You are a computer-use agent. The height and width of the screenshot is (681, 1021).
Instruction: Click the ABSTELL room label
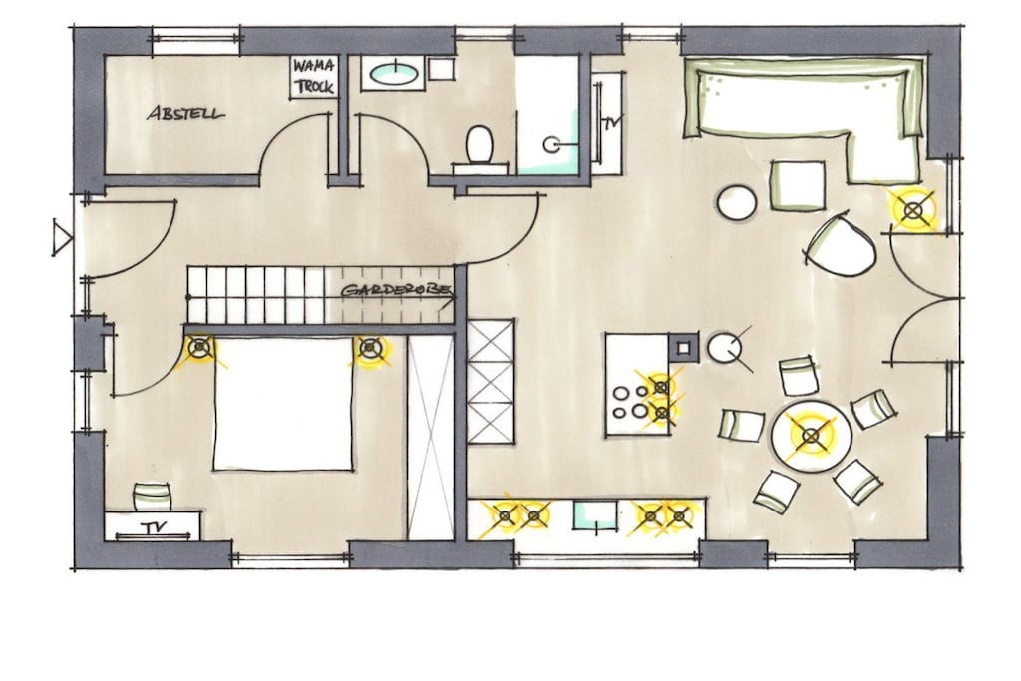pyautogui.click(x=185, y=113)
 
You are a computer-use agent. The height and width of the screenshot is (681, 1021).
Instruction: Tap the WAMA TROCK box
pyautogui.click(x=314, y=77)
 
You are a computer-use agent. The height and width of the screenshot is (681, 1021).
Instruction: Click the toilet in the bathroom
pyautogui.click(x=480, y=145)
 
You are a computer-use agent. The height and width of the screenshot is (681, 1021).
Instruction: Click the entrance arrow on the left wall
pyautogui.click(x=63, y=237)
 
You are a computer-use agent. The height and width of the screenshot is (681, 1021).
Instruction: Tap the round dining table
pyautogui.click(x=811, y=436)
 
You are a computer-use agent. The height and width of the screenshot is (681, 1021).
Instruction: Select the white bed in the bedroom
pyautogui.click(x=283, y=403)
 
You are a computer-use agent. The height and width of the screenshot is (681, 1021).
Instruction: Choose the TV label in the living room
pyautogui.click(x=610, y=122)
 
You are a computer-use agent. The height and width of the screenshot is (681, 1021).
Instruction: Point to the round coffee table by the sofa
pyautogui.click(x=737, y=202)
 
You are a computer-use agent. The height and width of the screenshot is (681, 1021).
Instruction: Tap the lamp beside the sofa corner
pyautogui.click(x=914, y=210)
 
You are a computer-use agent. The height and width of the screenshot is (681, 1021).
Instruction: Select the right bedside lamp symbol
pyautogui.click(x=371, y=348)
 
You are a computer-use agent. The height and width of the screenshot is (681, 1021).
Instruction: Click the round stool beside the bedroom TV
pyautogui.click(x=152, y=497)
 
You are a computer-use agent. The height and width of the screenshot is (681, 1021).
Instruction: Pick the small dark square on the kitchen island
pyautogui.click(x=683, y=347)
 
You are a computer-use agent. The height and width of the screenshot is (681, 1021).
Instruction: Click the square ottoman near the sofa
pyautogui.click(x=798, y=184)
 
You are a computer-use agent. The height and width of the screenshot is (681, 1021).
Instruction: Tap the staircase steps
pyautogui.click(x=255, y=295)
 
